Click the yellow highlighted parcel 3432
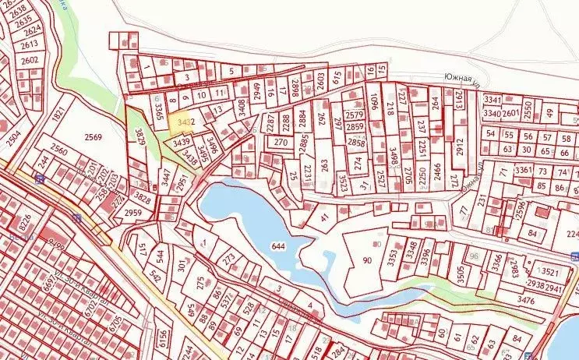click(184, 122)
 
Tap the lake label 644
click(279, 246)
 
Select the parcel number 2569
click(94, 136)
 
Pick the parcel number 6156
click(162, 337)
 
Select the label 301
click(182, 270)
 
